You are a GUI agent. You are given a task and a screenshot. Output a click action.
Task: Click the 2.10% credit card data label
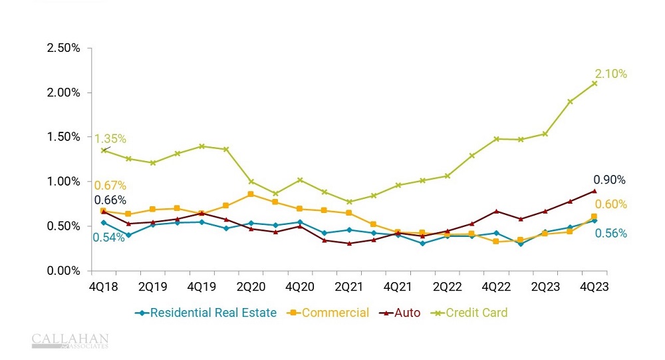(611, 74)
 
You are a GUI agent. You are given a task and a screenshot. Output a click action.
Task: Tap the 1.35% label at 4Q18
(110, 139)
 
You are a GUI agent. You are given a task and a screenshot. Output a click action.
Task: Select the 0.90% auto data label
(610, 180)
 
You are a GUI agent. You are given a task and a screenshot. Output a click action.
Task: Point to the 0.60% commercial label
(611, 204)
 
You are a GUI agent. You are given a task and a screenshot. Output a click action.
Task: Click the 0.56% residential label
(611, 234)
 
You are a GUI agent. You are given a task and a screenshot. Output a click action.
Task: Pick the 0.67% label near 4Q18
(110, 186)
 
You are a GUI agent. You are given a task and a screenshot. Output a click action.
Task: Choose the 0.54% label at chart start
(108, 238)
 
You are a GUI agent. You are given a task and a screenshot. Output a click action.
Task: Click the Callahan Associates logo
(70, 341)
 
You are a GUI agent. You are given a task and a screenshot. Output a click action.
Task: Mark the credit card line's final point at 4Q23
(595, 83)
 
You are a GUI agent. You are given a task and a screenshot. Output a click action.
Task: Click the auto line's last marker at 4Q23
(595, 191)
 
